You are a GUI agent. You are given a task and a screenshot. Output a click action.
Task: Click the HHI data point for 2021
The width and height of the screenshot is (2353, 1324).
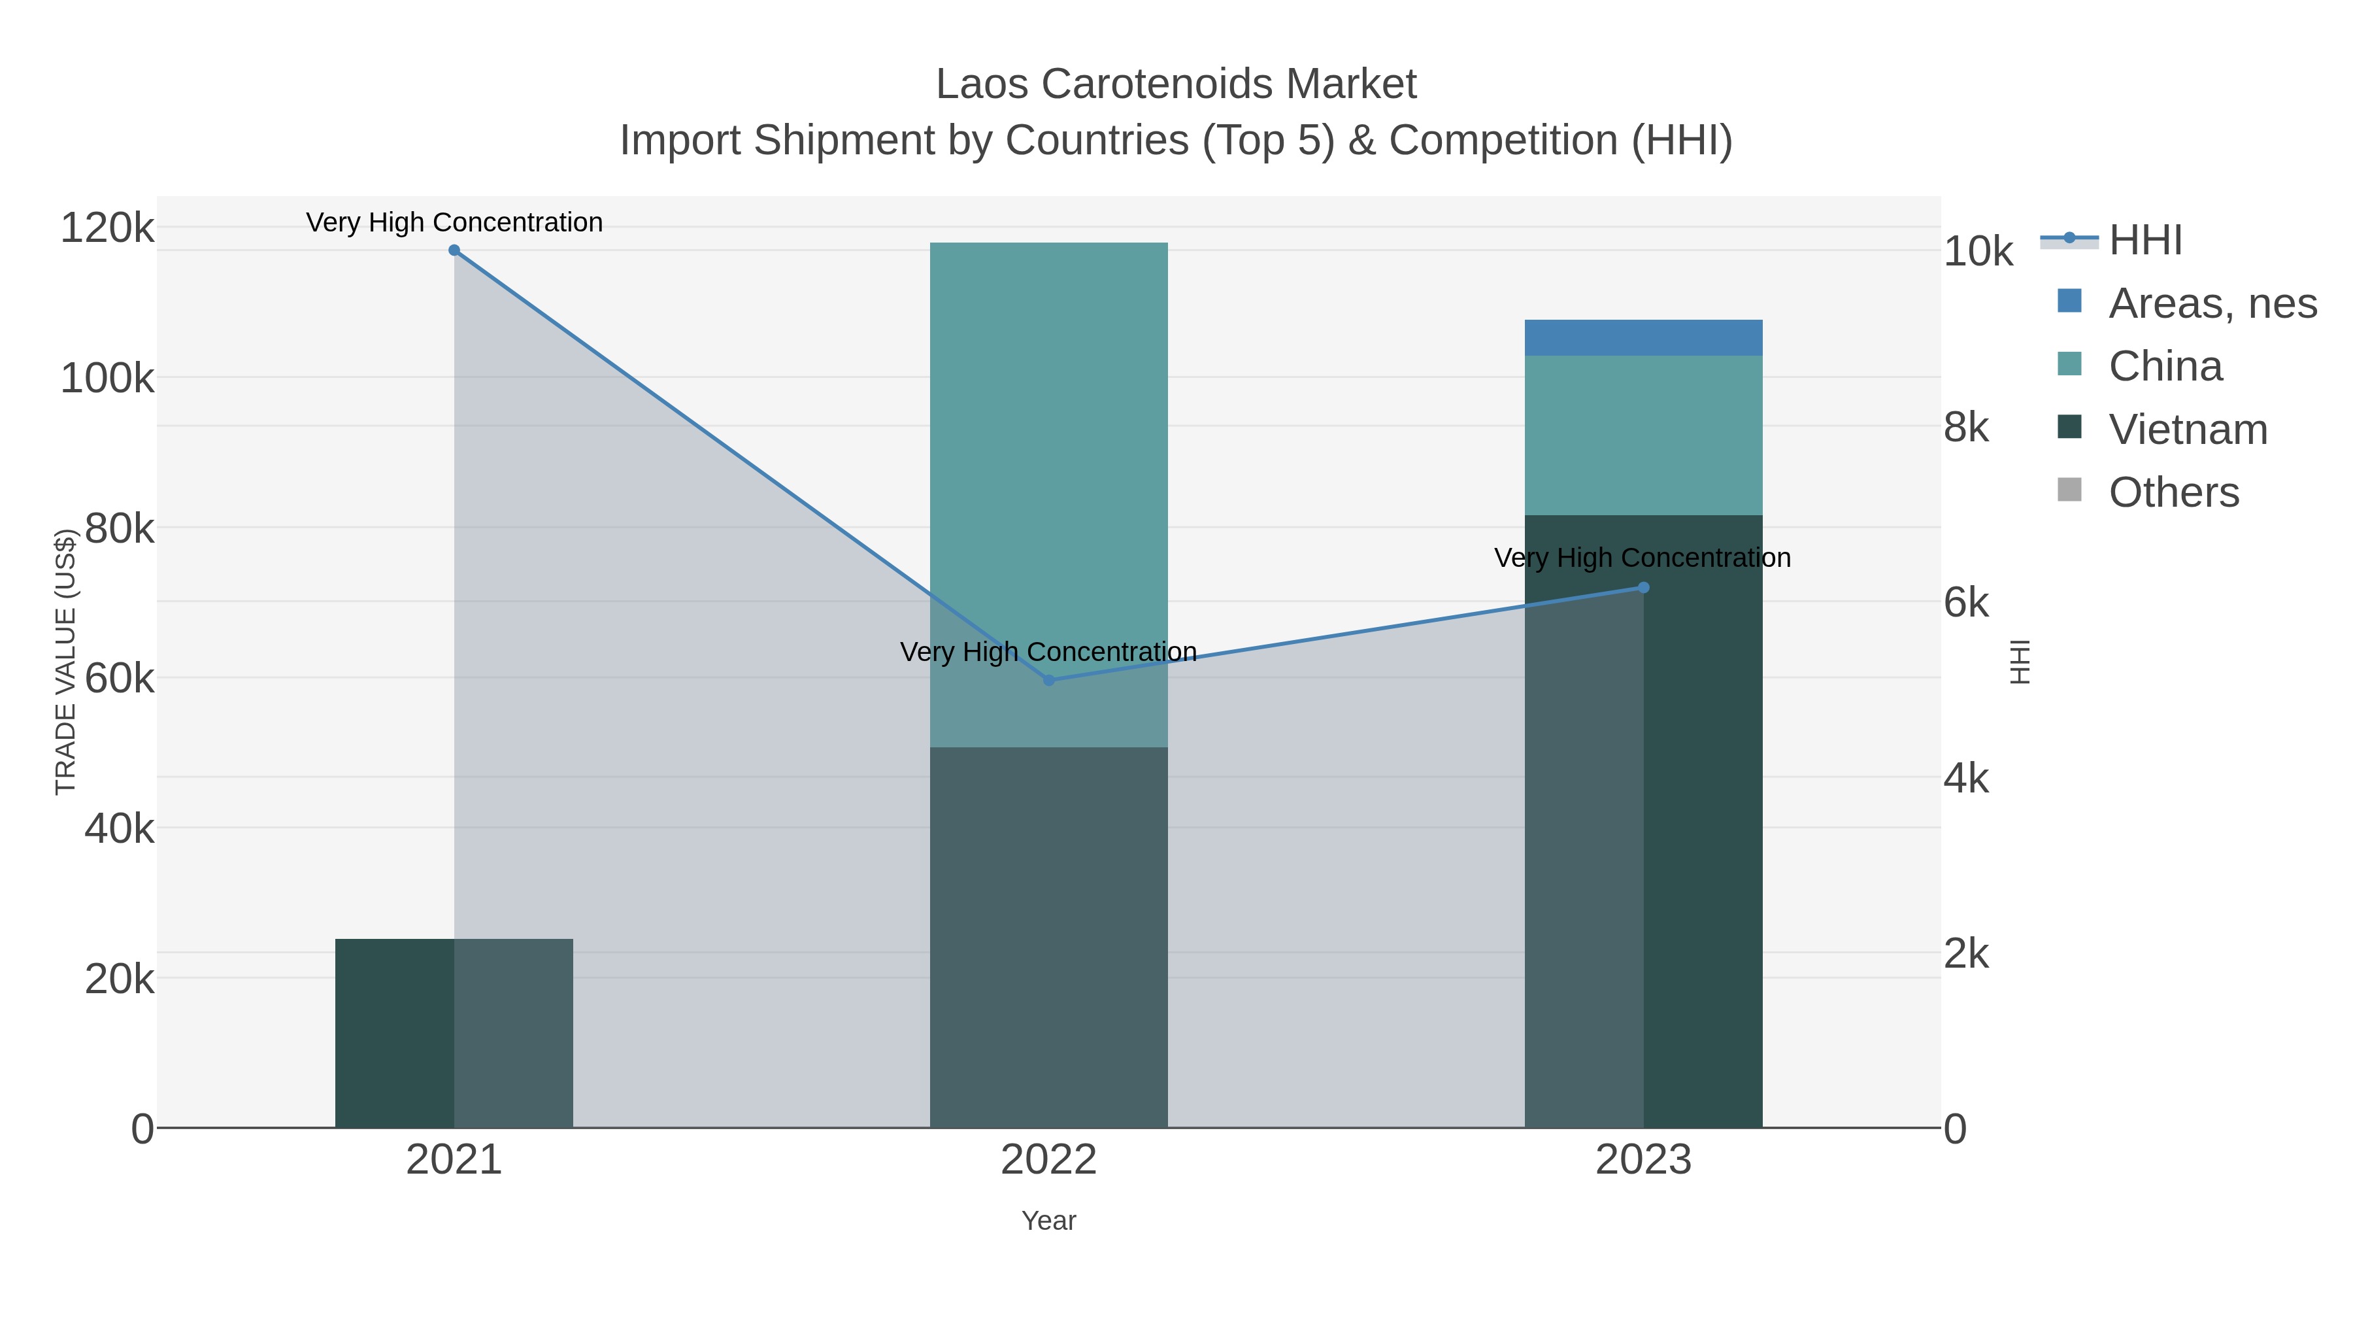tap(454, 250)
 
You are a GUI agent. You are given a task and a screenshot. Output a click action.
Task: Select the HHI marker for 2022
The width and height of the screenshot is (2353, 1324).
tap(1048, 681)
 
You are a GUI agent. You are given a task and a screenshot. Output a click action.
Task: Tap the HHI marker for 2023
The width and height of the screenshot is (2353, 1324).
tap(1643, 588)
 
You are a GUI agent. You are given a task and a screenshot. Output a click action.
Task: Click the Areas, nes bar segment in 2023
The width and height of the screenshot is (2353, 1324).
tap(1643, 338)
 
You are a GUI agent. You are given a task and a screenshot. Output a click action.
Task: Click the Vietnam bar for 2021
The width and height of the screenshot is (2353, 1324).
tap(393, 1032)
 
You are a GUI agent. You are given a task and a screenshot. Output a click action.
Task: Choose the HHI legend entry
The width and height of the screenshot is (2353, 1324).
tap(2144, 241)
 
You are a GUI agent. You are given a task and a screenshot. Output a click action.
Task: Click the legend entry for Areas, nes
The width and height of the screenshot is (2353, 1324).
tap(2211, 303)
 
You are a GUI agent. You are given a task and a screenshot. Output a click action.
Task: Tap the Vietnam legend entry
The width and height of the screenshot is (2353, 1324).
tap(2187, 430)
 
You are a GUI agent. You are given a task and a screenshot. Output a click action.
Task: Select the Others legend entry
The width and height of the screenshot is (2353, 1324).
tap(2173, 492)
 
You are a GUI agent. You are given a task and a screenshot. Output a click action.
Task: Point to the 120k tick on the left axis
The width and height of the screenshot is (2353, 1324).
tap(107, 228)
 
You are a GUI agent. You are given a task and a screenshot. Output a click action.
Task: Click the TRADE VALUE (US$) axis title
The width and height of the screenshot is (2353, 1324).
tap(66, 662)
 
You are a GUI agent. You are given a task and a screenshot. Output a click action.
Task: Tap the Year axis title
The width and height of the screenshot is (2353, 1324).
tap(1048, 1221)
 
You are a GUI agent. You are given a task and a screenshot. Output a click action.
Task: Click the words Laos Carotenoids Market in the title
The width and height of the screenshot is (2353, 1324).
tap(1176, 84)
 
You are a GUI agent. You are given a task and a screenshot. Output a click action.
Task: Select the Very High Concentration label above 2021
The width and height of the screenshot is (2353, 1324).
tap(454, 222)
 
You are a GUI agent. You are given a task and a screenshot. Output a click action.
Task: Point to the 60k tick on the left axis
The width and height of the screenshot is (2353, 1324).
tap(119, 679)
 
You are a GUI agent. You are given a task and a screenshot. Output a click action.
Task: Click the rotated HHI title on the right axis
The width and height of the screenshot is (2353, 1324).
tap(2020, 662)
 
